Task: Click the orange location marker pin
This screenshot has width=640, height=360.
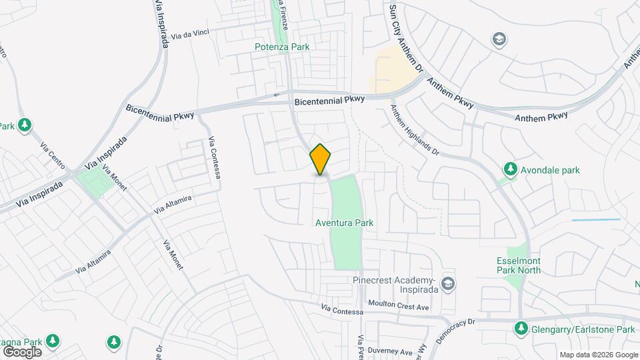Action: click(x=321, y=159)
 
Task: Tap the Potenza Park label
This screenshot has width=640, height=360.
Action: click(x=282, y=47)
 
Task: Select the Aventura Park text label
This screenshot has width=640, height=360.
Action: click(x=344, y=223)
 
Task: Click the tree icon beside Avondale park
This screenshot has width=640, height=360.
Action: click(x=511, y=169)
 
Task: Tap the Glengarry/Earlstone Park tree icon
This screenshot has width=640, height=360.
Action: click(x=520, y=329)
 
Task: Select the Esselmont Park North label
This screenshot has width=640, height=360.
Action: click(x=519, y=265)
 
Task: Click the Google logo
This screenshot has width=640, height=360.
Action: click(x=22, y=351)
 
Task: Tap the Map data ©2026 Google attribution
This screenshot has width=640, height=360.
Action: click(x=598, y=355)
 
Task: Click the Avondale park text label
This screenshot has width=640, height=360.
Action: click(x=551, y=170)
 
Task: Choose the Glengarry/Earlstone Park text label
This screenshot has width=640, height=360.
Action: click(x=583, y=329)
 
